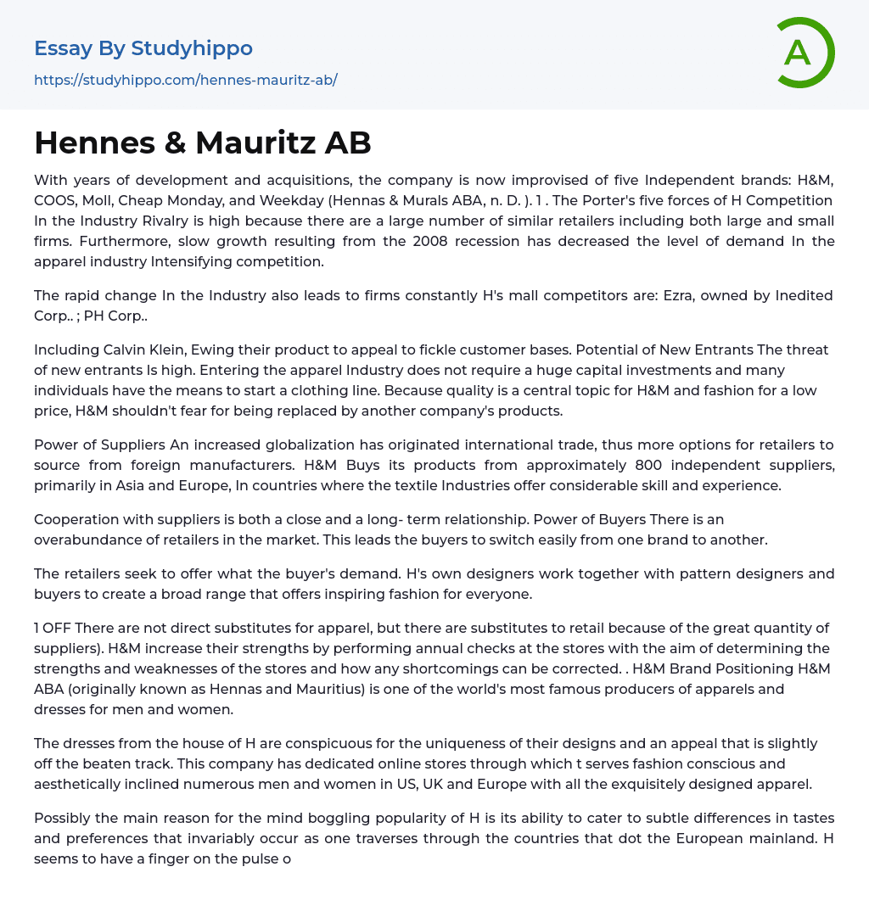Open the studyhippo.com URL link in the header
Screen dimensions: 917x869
coord(186,80)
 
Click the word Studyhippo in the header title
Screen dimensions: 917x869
coord(192,48)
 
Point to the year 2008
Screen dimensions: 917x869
coord(415,241)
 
